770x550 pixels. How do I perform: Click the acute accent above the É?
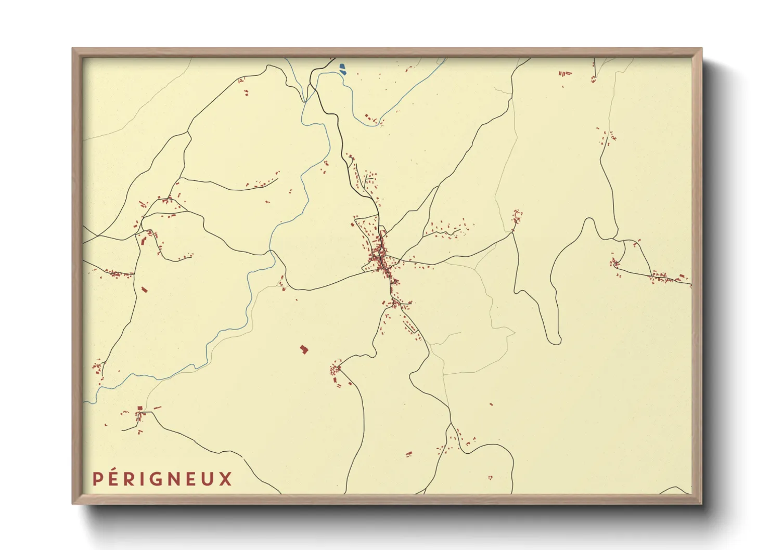coord(115,469)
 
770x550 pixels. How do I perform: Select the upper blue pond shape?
coord(342,66)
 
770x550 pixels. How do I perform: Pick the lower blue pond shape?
coord(343,72)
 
